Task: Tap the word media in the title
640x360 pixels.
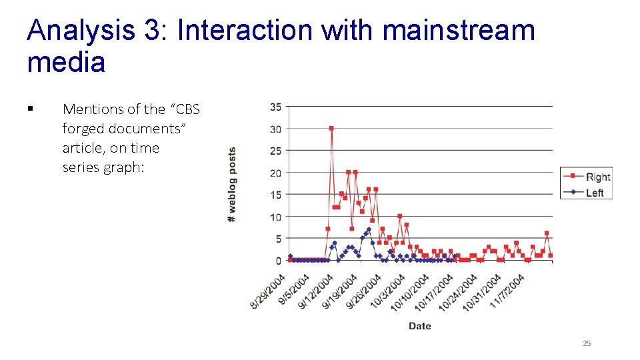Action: pos(66,63)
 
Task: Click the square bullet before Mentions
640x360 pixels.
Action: pos(31,109)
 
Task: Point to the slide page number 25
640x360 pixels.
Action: pos(587,343)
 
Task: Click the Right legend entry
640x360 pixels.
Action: pos(597,177)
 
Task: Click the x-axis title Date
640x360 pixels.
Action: pos(419,326)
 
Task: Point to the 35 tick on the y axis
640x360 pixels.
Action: pos(275,107)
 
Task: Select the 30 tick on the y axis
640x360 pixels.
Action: pos(275,129)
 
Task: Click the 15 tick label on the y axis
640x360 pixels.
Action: pos(275,195)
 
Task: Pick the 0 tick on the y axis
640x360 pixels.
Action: pos(278,260)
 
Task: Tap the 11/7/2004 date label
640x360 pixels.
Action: pos(508,291)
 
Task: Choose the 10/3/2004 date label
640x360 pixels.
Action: pos(388,291)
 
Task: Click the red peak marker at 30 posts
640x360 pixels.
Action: pos(331,128)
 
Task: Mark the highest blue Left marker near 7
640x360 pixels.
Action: pos(369,229)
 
